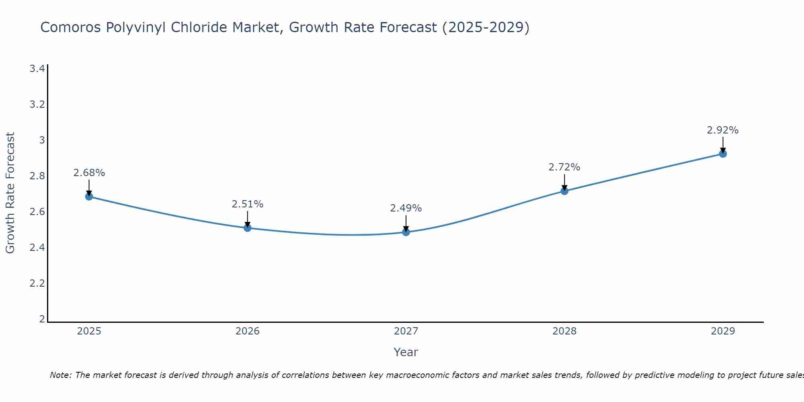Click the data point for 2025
point(89,196)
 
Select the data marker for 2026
point(247,228)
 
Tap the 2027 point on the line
point(406,232)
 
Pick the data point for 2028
point(564,191)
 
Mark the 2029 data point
point(722,154)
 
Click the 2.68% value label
point(89,173)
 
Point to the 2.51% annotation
point(247,204)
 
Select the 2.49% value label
point(406,208)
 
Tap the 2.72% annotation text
point(564,167)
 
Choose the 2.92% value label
point(722,130)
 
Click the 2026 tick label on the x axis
point(247,331)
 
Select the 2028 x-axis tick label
point(564,331)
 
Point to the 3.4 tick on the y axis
point(37,69)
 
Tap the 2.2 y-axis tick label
point(37,283)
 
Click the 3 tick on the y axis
point(41,140)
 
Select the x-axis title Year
point(406,352)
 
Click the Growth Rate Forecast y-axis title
point(10,193)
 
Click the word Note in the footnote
point(60,375)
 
